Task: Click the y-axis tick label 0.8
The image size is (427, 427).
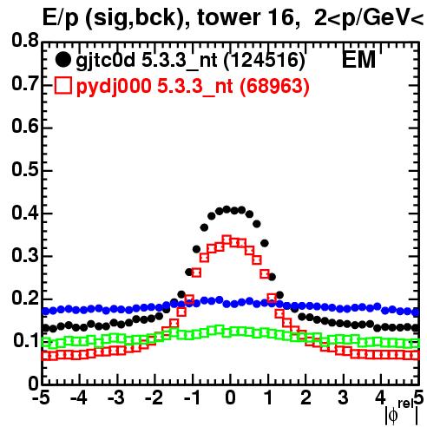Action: [25, 41]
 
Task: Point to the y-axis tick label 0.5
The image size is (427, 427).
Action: [25, 169]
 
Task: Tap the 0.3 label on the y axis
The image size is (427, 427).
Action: [25, 255]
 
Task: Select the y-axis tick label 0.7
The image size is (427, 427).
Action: [25, 83]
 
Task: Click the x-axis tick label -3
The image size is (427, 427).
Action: [116, 397]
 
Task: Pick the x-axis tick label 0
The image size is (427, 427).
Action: [230, 397]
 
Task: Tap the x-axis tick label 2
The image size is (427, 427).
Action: [305, 397]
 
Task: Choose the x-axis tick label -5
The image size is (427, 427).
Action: [41, 397]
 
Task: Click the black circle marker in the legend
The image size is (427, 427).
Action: [62, 60]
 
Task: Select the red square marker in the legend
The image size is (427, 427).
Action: [62, 85]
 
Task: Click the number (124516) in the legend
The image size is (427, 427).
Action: [265, 61]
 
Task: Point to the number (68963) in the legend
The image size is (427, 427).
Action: [274, 86]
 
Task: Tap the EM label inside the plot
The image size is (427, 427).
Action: [358, 60]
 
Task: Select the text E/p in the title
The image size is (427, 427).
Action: [61, 18]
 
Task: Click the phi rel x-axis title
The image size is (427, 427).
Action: [402, 412]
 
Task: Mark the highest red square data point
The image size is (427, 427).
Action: [227, 240]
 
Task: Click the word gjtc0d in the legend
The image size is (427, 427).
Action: [106, 61]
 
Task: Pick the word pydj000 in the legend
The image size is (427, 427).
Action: [114, 86]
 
